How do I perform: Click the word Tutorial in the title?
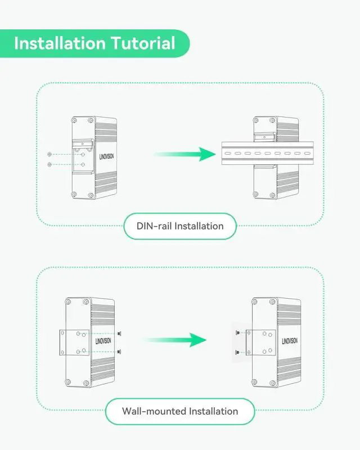(x=141, y=43)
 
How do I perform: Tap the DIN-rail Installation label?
(x=180, y=226)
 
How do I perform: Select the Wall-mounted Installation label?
(x=180, y=411)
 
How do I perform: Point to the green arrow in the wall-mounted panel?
(x=174, y=340)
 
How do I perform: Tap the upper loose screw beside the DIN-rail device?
(x=51, y=154)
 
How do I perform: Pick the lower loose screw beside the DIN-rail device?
(x=51, y=164)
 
